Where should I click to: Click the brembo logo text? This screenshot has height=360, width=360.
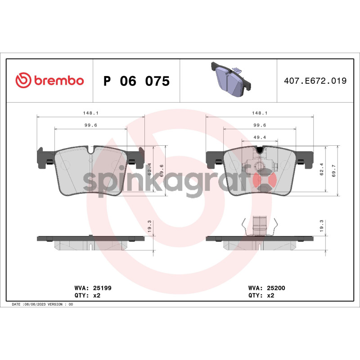tap(59, 81)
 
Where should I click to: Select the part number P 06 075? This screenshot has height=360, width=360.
tap(137, 81)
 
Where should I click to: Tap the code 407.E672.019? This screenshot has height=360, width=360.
tap(315, 81)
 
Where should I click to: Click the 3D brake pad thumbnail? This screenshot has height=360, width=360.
tap(230, 79)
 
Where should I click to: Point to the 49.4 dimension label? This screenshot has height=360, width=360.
tap(260, 137)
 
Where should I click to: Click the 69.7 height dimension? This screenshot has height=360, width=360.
tap(333, 171)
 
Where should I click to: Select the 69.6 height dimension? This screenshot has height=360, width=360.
tap(162, 171)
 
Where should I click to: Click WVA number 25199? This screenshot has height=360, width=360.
tap(102, 288)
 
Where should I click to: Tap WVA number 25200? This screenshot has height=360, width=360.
tap(276, 288)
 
